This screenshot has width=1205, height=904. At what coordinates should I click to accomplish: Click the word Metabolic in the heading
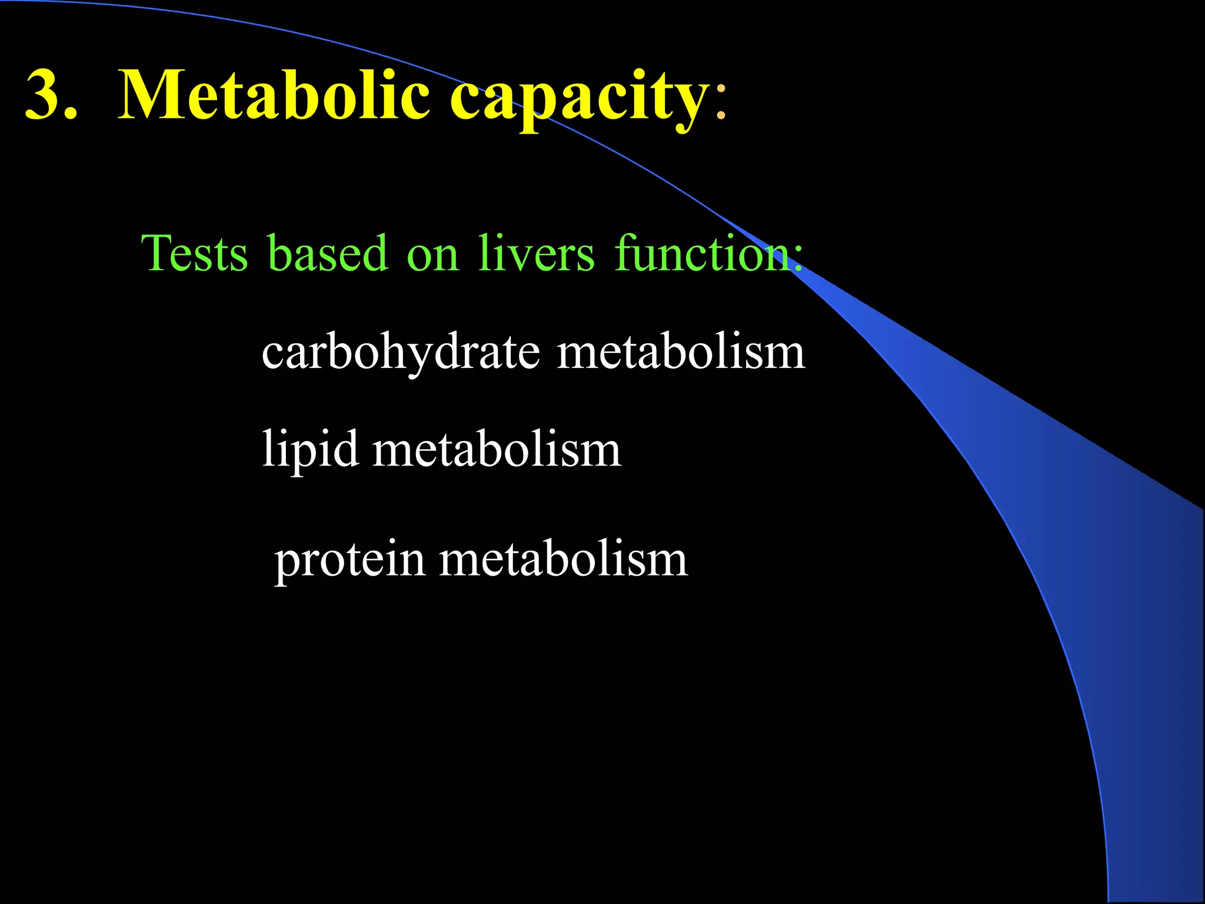click(x=274, y=94)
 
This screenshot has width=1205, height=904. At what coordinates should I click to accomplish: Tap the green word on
click(x=432, y=256)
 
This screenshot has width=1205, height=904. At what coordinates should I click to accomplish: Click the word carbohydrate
click(x=401, y=353)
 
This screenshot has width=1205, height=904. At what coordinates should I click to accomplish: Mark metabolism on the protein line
click(x=563, y=559)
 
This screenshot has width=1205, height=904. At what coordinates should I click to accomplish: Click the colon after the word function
click(x=798, y=259)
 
